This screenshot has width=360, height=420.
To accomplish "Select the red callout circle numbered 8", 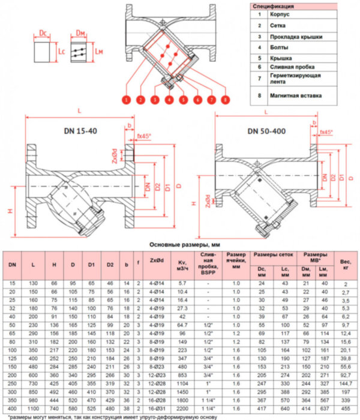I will point(224,99).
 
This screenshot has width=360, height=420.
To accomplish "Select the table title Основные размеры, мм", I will point(180,245).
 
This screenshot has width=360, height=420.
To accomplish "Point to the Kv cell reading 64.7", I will point(182,323).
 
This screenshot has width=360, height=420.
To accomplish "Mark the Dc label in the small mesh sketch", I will point(43,33).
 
